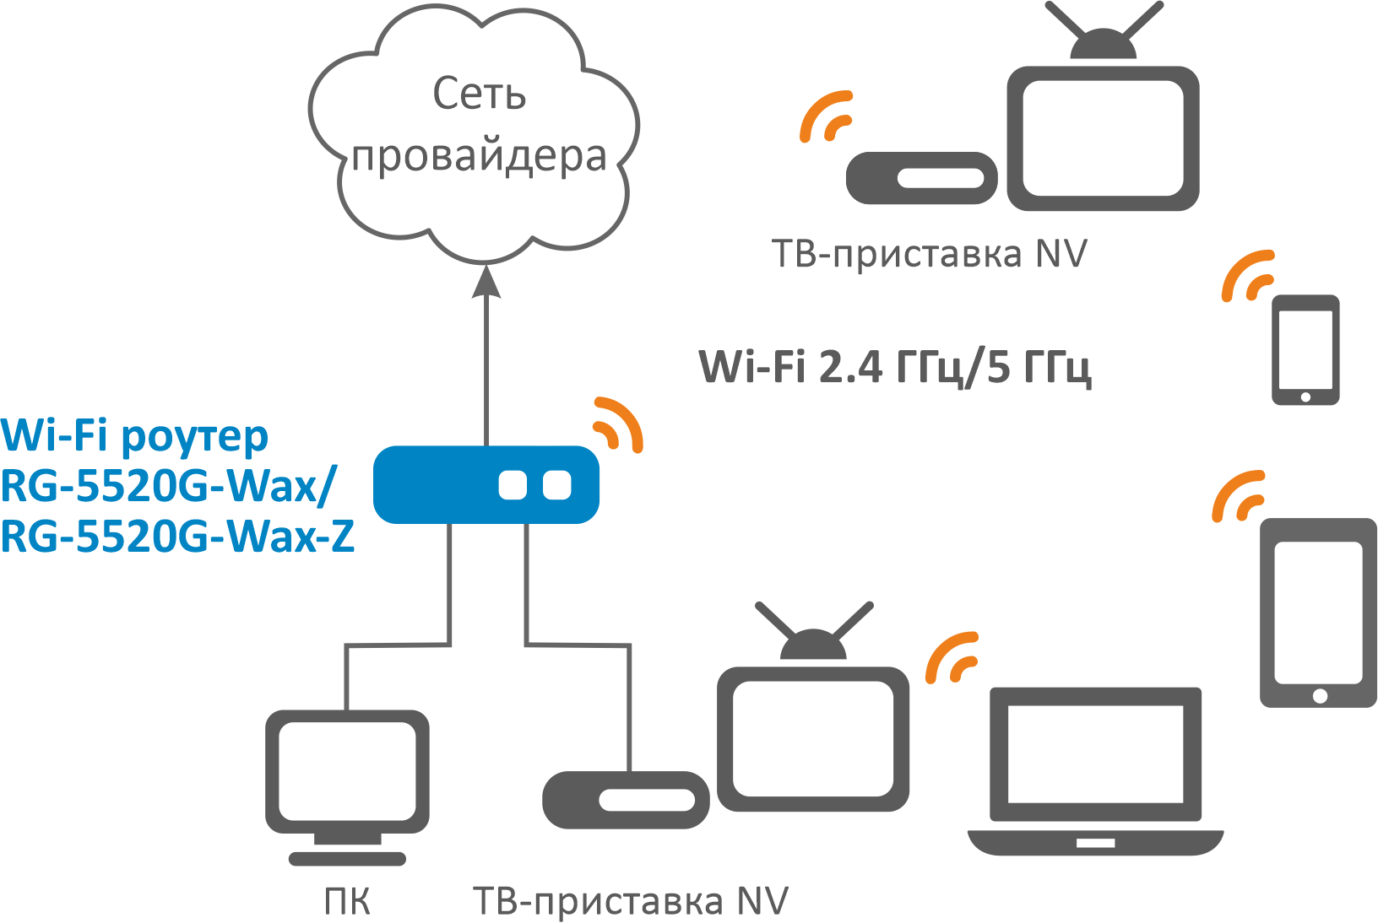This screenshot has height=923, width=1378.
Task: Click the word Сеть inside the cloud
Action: click(x=479, y=94)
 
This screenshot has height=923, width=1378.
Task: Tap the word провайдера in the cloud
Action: click(x=479, y=158)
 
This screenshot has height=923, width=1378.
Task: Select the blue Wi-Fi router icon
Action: click(x=486, y=484)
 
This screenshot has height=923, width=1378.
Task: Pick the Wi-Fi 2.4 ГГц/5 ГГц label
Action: click(x=895, y=367)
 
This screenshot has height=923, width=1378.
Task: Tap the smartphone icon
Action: click(x=1305, y=349)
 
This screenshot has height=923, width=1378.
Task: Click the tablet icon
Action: click(x=1318, y=612)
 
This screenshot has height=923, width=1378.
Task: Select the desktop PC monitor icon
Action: click(x=347, y=776)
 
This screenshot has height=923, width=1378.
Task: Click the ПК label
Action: click(x=347, y=902)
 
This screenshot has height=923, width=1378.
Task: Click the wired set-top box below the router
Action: click(x=626, y=800)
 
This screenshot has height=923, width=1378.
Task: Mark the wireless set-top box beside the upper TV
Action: click(x=921, y=178)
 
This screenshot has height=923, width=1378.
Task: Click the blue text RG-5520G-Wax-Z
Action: click(x=177, y=537)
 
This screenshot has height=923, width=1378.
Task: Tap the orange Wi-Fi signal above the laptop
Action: click(x=952, y=657)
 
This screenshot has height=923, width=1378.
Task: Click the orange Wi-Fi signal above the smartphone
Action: click(x=1247, y=276)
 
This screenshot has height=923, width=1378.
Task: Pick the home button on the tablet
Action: click(x=1320, y=696)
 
